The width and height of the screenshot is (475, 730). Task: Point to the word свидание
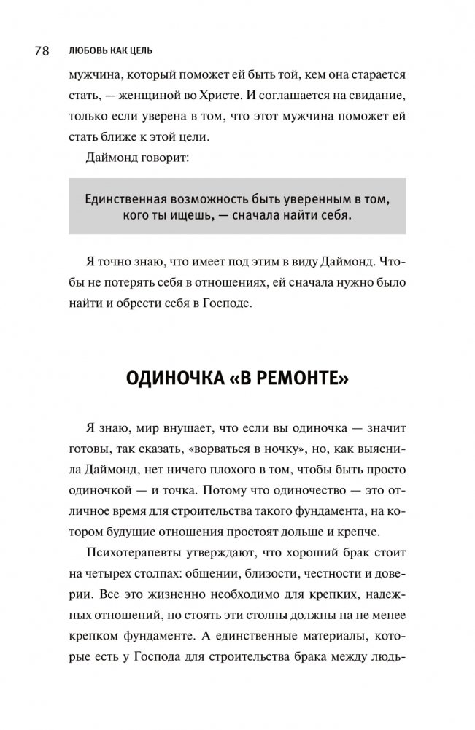click(x=374, y=96)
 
